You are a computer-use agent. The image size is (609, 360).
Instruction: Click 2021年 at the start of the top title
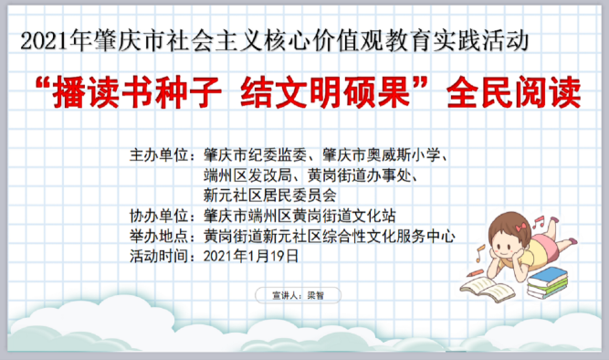point(46,39)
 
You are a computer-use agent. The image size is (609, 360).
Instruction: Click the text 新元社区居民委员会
point(269,194)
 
